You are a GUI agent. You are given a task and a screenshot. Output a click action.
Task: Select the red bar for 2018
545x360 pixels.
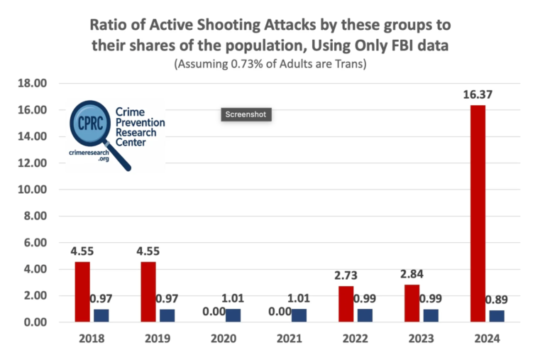coord(82,292)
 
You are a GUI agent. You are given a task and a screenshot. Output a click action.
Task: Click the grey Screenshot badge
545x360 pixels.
coord(246,114)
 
